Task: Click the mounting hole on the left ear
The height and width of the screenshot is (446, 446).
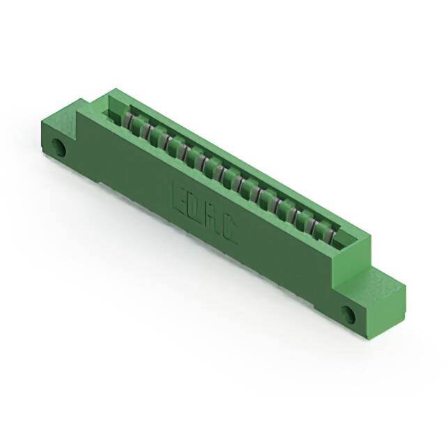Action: (x=60, y=148)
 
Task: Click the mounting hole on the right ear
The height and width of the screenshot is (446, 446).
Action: (x=348, y=314)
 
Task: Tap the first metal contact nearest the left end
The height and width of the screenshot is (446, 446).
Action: (x=130, y=123)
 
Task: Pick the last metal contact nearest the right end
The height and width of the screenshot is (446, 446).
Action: (x=322, y=227)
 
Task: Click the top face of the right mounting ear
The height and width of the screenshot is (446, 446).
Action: (x=382, y=282)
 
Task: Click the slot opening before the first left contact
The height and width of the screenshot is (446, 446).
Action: (x=115, y=111)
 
